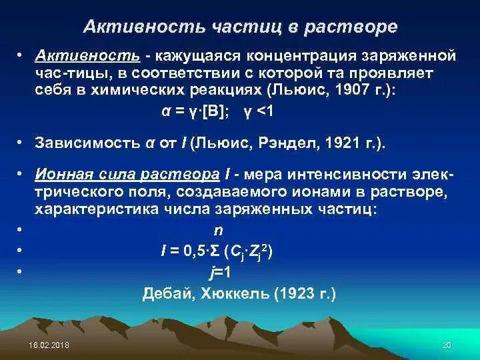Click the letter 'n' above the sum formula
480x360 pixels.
click(217, 230)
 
